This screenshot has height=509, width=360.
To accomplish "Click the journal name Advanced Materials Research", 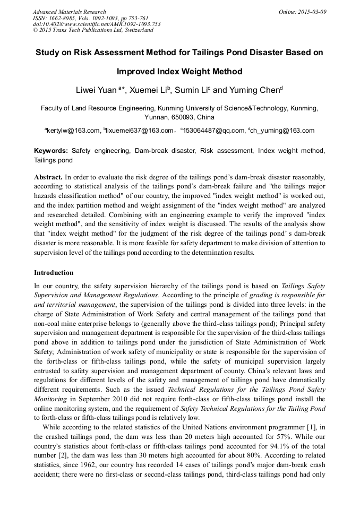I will (69, 12).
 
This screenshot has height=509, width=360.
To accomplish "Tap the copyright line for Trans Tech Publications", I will (93, 30).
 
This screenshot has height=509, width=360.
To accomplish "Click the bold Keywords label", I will (51, 151).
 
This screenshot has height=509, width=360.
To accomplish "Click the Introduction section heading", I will (54, 273).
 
